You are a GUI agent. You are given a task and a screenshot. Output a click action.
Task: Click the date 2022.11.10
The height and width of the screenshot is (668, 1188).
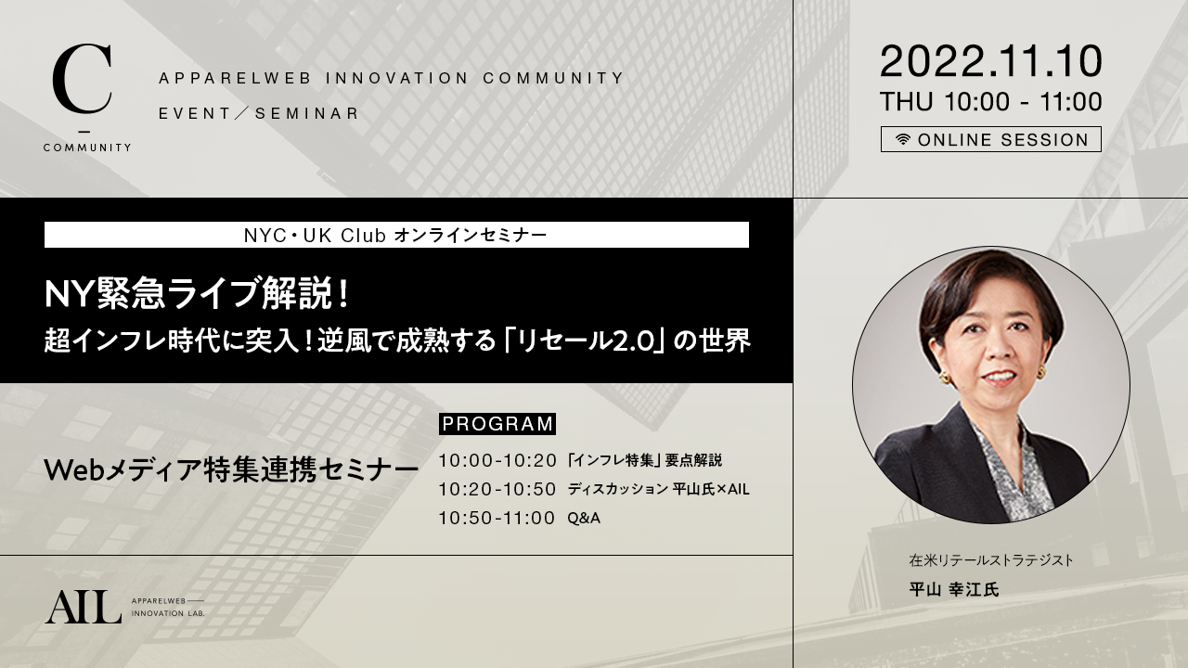click(990, 61)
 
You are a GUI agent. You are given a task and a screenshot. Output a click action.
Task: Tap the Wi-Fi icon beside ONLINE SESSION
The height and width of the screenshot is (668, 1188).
click(903, 139)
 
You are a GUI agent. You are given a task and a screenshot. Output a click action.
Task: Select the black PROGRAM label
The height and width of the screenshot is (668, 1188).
click(497, 424)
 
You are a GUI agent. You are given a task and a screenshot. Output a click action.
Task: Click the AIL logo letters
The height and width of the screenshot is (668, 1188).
click(84, 608)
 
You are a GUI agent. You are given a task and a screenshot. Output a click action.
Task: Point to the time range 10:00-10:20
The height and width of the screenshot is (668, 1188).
click(497, 461)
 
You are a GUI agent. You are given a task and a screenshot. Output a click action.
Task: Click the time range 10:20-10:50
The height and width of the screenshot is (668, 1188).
click(497, 489)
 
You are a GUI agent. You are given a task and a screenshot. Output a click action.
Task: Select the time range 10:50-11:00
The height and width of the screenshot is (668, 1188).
click(497, 518)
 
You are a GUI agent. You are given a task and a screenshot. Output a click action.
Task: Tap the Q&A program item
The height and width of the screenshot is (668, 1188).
click(584, 518)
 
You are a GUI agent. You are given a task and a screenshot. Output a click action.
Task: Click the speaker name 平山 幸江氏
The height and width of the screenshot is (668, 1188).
click(953, 589)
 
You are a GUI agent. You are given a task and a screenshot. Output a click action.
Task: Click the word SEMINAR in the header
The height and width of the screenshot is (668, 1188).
click(307, 113)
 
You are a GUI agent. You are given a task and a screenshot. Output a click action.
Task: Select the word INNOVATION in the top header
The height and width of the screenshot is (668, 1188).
click(397, 79)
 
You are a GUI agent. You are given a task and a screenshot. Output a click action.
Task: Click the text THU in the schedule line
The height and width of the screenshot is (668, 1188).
click(906, 102)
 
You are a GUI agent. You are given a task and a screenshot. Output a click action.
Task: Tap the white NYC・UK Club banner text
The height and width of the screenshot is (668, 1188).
click(395, 236)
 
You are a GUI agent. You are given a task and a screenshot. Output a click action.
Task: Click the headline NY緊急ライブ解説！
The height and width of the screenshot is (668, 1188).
click(198, 294)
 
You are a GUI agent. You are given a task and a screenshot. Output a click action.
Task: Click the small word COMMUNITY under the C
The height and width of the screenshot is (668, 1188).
click(87, 148)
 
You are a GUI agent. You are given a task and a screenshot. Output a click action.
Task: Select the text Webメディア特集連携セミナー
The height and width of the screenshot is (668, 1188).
click(231, 469)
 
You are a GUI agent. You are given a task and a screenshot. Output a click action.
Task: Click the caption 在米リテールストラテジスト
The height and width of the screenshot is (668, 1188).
click(991, 560)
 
